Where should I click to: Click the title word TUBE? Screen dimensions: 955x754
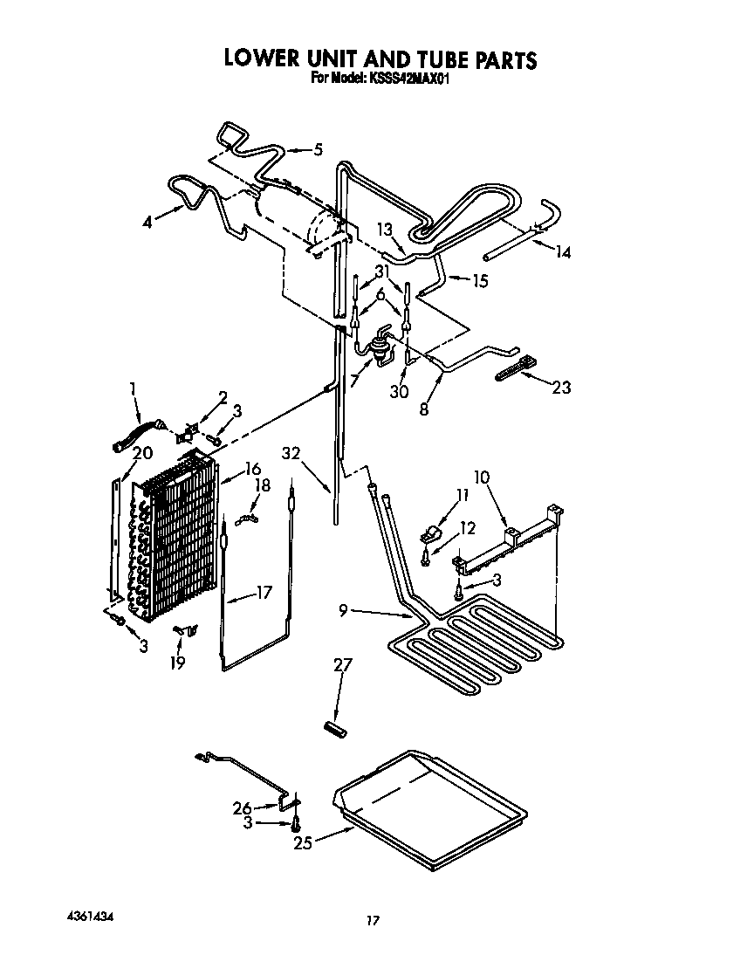(x=430, y=59)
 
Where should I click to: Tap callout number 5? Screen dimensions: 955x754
(x=318, y=149)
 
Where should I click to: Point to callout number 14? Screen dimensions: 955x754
(x=563, y=252)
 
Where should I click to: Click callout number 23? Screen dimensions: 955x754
(x=560, y=387)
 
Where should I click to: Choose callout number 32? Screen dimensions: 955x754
(x=291, y=452)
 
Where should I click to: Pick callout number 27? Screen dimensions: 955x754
(x=342, y=666)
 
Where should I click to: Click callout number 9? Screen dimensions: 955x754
(x=345, y=611)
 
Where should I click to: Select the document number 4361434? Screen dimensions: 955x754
(x=89, y=917)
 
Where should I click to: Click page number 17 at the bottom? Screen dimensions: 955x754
(x=373, y=920)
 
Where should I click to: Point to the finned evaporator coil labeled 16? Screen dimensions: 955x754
(x=179, y=541)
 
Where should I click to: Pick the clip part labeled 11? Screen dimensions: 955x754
(x=429, y=532)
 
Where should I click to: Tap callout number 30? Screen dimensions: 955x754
(x=399, y=392)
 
